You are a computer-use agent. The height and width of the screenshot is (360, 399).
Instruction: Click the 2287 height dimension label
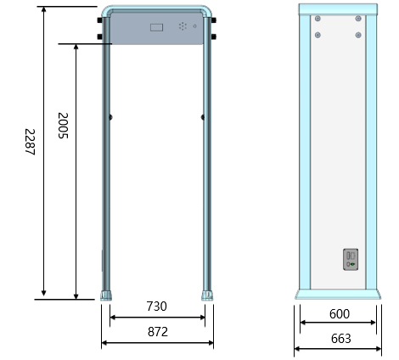pyautogui.click(x=30, y=142)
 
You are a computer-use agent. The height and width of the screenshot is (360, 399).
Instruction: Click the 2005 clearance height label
pyautogui.click(x=63, y=126)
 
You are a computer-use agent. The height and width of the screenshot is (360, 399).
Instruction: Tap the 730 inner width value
pyautogui.click(x=156, y=307)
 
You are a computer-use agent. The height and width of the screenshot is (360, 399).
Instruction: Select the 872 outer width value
pyautogui.click(x=158, y=332)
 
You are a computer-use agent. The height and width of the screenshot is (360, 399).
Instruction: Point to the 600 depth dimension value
pyautogui.click(x=340, y=314)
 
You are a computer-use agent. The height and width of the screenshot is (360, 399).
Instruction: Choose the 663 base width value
pyautogui.click(x=341, y=339)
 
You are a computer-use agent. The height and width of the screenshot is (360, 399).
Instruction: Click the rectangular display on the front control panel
pyautogui.click(x=156, y=27)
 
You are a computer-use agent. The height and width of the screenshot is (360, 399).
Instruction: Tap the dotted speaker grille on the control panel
pyautogui.click(x=183, y=26)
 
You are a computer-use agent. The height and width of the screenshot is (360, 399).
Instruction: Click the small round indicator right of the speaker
pyautogui.click(x=194, y=26)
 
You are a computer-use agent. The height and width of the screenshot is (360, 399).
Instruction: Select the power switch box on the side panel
pyautogui.click(x=351, y=260)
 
